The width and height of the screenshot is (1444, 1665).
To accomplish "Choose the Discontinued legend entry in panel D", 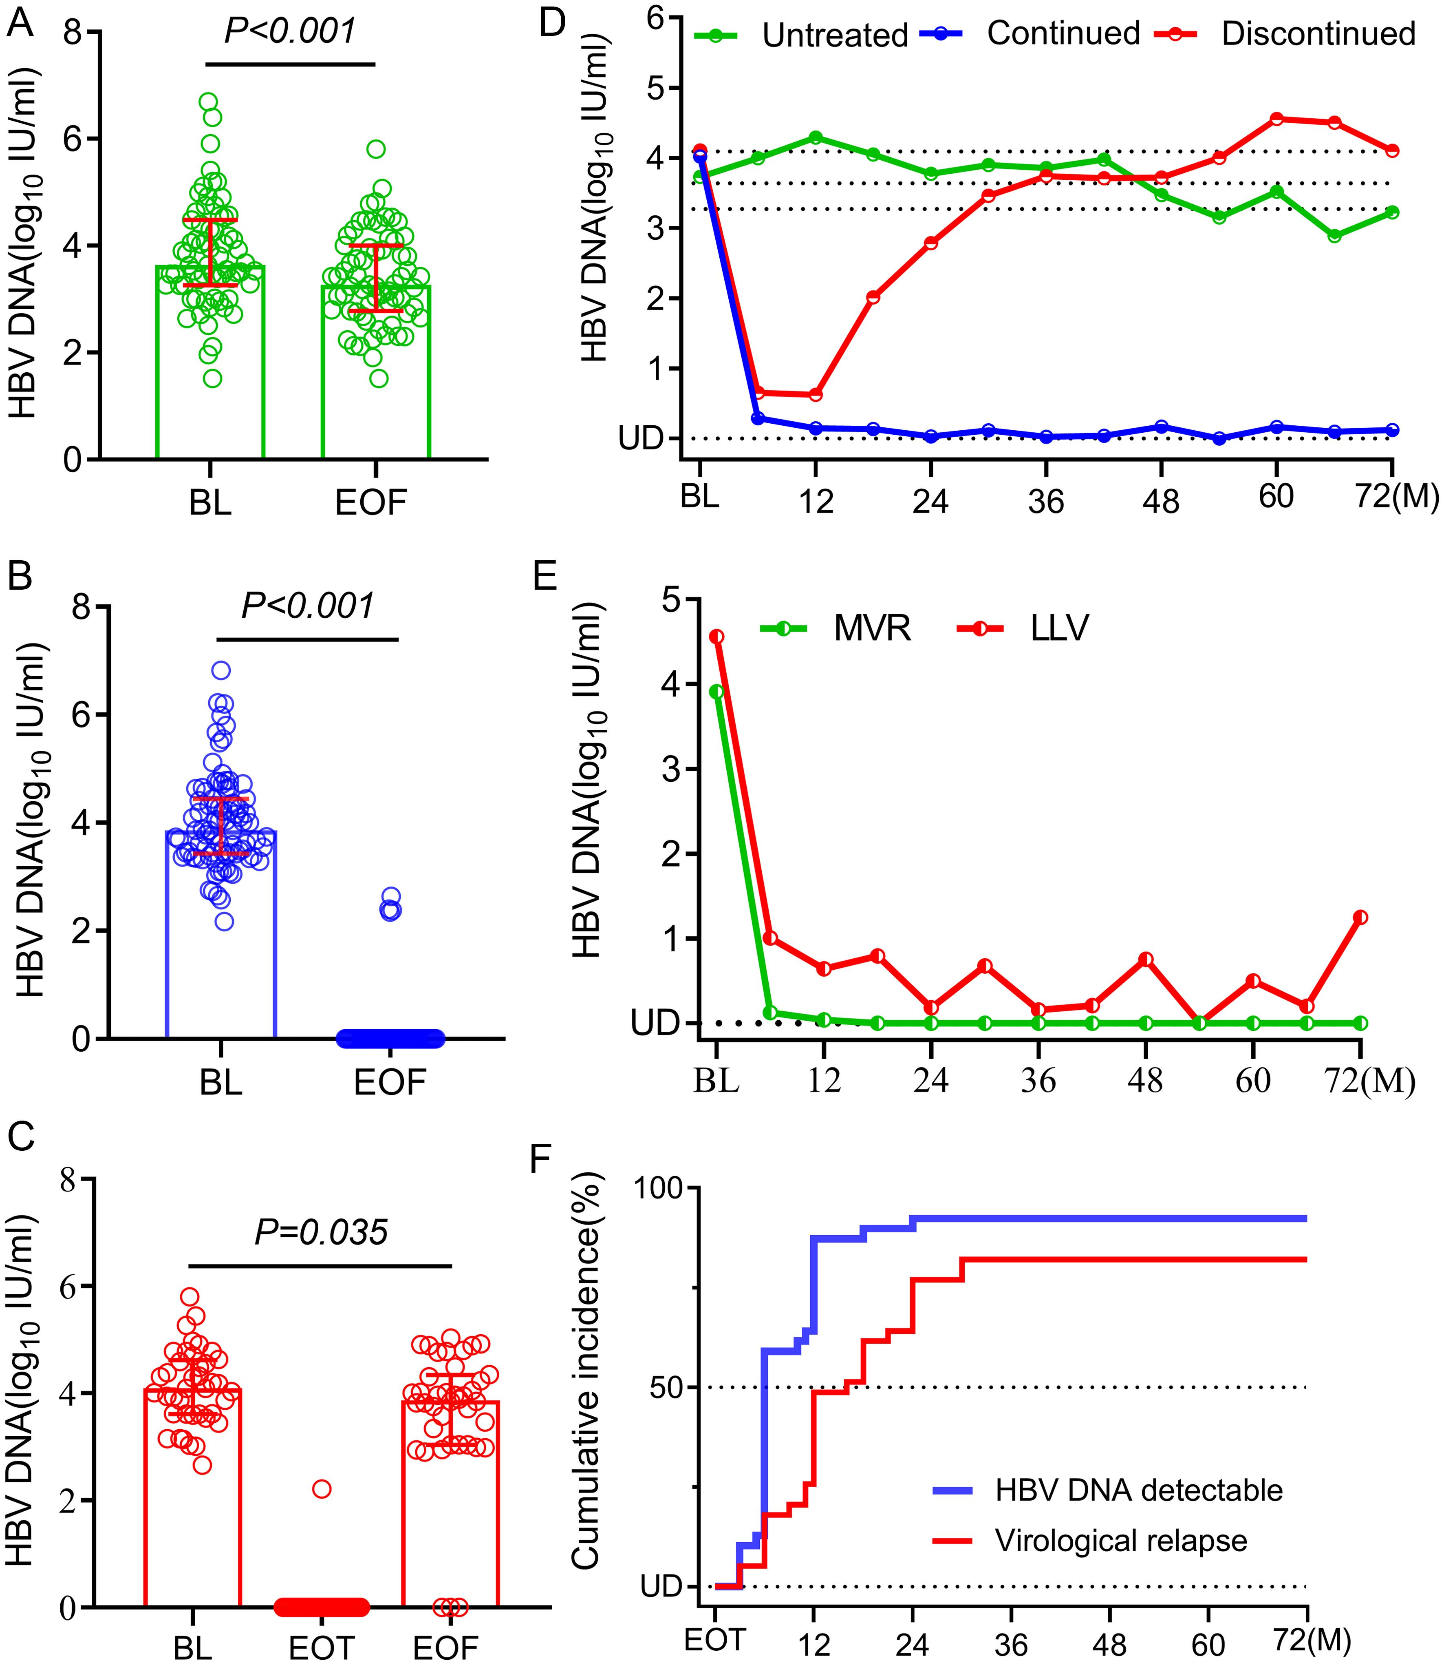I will pos(1318,34).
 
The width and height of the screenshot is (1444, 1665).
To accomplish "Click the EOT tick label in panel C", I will pos(322,1645).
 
